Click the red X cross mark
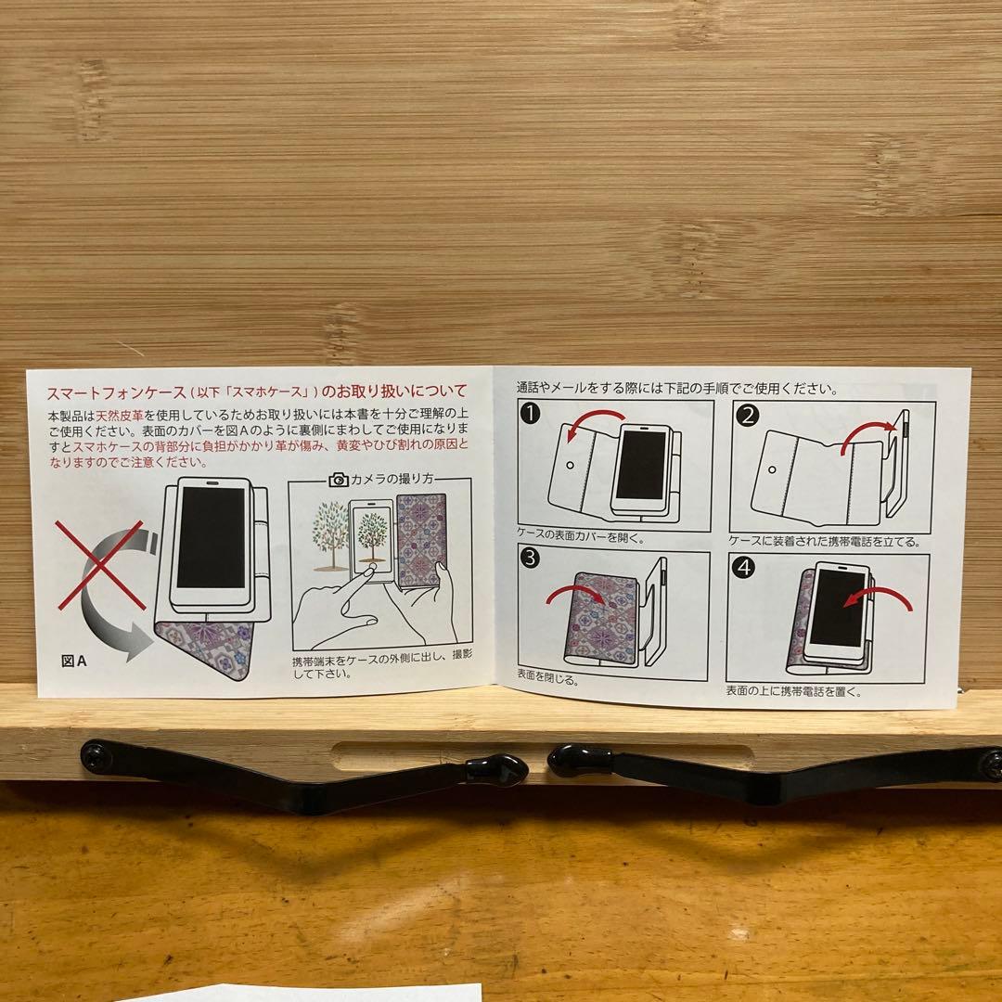pos(100,565)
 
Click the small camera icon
pos(339,480)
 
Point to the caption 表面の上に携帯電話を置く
pos(793,691)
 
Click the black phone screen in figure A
pos(211,537)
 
